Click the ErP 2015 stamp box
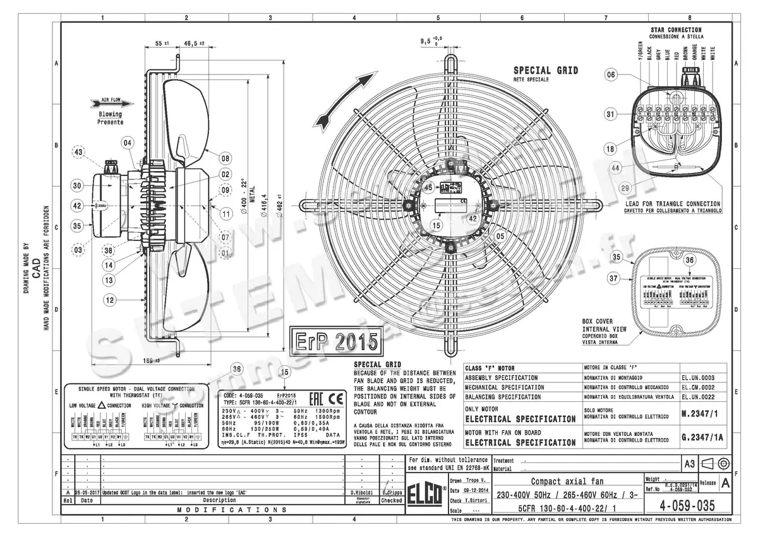click(335, 341)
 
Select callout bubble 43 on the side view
click(78, 152)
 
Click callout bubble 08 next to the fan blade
click(225, 158)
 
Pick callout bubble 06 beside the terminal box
click(611, 74)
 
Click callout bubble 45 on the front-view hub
click(429, 187)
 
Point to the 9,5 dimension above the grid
click(430, 42)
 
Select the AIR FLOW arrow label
click(111, 100)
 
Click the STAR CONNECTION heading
click(675, 30)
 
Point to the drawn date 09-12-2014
click(479, 490)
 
